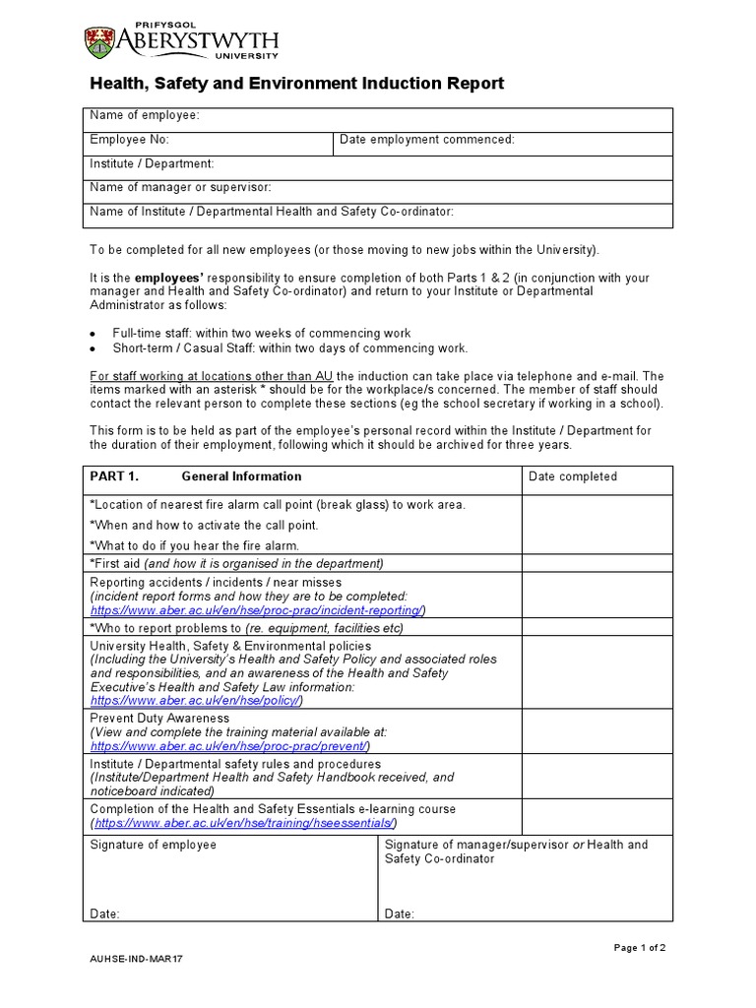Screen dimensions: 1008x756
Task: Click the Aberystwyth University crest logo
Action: [100, 41]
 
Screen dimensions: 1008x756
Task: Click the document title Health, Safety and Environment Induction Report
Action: [296, 84]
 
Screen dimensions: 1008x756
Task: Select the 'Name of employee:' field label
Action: [145, 116]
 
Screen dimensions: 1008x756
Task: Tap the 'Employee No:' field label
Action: [130, 140]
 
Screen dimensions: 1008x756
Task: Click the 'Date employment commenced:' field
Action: [426, 140]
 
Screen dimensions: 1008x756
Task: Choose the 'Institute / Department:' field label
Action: [152, 163]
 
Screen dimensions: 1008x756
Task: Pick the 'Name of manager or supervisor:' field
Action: [180, 187]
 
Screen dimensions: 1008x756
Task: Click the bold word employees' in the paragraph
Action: [168, 278]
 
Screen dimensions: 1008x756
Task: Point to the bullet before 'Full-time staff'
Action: [93, 335]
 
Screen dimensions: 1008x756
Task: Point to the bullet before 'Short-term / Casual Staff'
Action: [93, 349]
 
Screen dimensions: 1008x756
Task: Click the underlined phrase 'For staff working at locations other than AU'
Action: [212, 376]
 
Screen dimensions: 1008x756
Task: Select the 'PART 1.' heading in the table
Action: [114, 476]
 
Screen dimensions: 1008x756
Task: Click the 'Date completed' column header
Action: [573, 476]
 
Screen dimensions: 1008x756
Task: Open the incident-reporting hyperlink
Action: [257, 610]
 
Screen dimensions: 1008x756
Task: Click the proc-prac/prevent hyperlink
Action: [229, 746]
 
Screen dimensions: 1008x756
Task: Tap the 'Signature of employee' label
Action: [153, 845]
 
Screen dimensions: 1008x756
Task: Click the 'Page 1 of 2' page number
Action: [640, 948]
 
